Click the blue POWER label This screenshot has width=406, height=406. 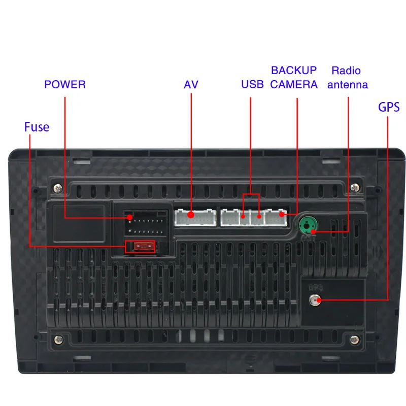coord(65,84)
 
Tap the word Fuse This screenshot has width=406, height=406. coord(37,126)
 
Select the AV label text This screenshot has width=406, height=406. coord(191,84)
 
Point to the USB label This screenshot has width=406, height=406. coord(252,84)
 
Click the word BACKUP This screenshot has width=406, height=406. coord(294,71)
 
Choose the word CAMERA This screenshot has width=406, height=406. coord(294,84)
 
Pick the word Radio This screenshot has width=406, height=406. coord(346,71)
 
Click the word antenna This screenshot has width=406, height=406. coord(348,85)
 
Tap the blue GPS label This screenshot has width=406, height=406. coord(389,107)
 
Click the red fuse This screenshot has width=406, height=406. coord(142,247)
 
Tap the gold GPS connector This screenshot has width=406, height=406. coord(316,300)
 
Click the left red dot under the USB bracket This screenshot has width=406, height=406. coord(244,217)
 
